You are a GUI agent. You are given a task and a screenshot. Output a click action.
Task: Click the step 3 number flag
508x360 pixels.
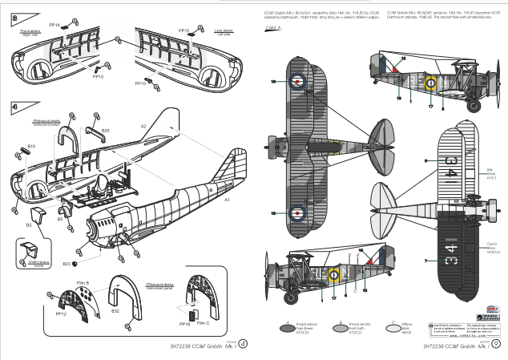tap(14, 17)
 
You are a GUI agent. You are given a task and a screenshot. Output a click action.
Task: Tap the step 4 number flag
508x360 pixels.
tap(14, 107)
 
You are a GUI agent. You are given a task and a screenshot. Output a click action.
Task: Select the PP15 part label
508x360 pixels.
tap(183, 30)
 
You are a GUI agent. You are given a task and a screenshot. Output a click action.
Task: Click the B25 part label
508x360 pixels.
tap(105, 129)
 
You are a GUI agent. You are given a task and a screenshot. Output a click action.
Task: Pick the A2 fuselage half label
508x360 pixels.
tap(144, 126)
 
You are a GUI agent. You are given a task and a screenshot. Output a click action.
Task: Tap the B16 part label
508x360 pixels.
tap(31, 146)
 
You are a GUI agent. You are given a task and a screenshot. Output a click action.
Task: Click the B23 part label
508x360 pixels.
tap(67, 263)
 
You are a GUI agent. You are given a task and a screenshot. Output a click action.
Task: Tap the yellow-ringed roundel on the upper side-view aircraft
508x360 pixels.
tap(430, 81)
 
